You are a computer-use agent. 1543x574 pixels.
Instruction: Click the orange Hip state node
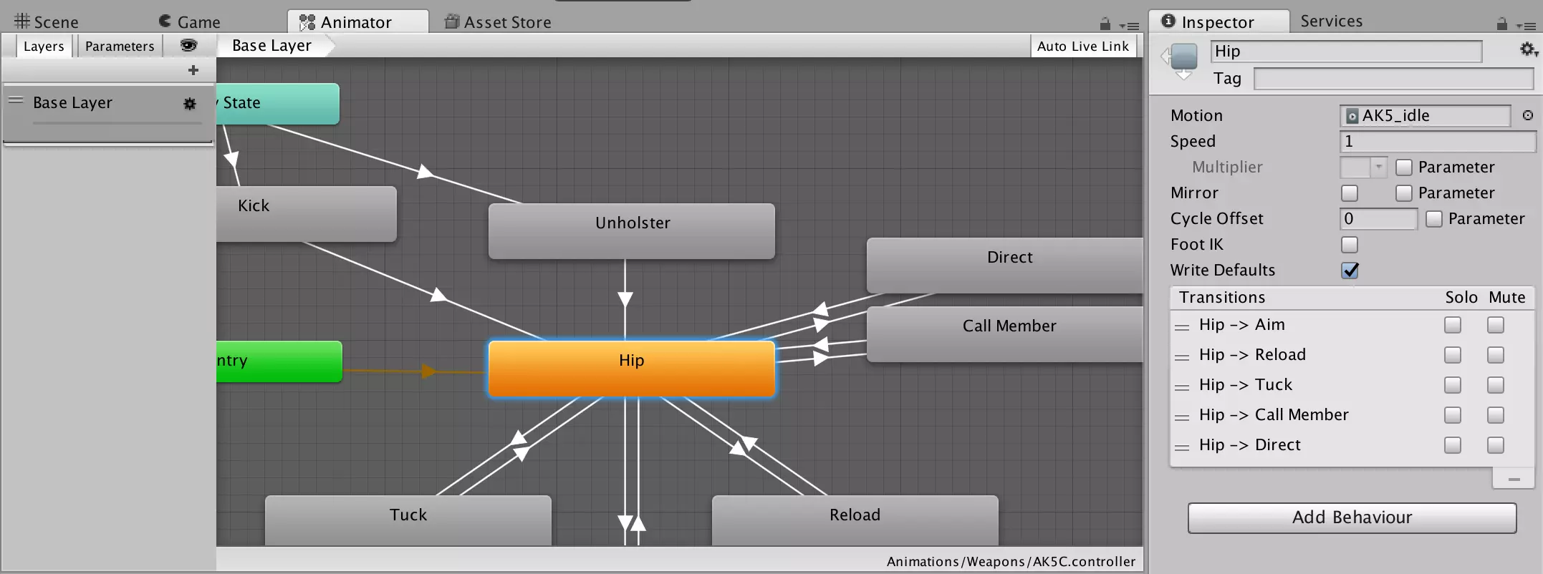pyautogui.click(x=631, y=369)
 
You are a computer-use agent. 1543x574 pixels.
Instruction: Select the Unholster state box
pyautogui.click(x=631, y=231)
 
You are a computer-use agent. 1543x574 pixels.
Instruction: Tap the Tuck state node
pyautogui.click(x=408, y=520)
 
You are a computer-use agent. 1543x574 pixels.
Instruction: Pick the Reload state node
pyautogui.click(x=855, y=520)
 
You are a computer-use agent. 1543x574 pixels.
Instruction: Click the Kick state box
pyautogui.click(x=307, y=214)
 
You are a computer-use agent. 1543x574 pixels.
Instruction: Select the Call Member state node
pyautogui.click(x=1004, y=334)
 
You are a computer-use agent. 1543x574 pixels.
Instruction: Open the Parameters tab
pyautogui.click(x=120, y=46)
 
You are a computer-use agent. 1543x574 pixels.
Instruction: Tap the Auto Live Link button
pyautogui.click(x=1082, y=47)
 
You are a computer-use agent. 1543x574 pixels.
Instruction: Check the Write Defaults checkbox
pyautogui.click(x=1350, y=271)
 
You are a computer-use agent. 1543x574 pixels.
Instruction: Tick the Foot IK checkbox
pyautogui.click(x=1350, y=245)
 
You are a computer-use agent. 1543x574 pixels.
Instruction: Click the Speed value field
pyautogui.click(x=1438, y=142)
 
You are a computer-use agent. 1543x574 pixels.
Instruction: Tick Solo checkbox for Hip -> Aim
pyautogui.click(x=1453, y=325)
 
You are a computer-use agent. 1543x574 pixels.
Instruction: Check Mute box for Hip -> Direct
pyautogui.click(x=1496, y=445)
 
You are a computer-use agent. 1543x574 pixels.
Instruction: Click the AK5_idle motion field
pyautogui.click(x=1425, y=116)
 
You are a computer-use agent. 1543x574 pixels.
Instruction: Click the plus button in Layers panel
pyautogui.click(x=193, y=70)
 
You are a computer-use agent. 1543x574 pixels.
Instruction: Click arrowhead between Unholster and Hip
pyautogui.click(x=625, y=299)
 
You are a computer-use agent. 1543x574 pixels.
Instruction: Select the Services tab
pyautogui.click(x=1332, y=21)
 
